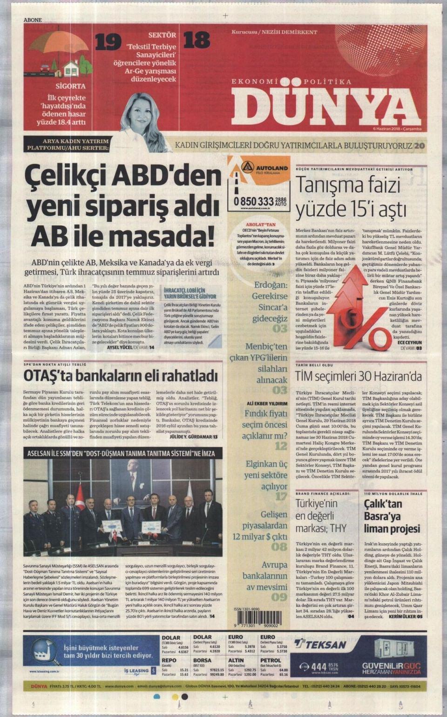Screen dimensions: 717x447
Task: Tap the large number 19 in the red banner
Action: (x=108, y=42)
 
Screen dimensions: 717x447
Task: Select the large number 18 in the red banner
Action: (x=196, y=41)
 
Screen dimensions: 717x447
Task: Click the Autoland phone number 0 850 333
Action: (x=254, y=201)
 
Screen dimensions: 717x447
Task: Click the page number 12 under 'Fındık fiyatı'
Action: (x=281, y=446)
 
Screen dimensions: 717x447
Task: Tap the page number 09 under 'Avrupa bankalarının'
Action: (x=279, y=597)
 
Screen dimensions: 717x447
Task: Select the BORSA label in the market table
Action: (x=202, y=660)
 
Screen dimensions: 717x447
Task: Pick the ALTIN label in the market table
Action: (x=236, y=660)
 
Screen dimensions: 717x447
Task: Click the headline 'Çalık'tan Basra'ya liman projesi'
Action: (x=392, y=516)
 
